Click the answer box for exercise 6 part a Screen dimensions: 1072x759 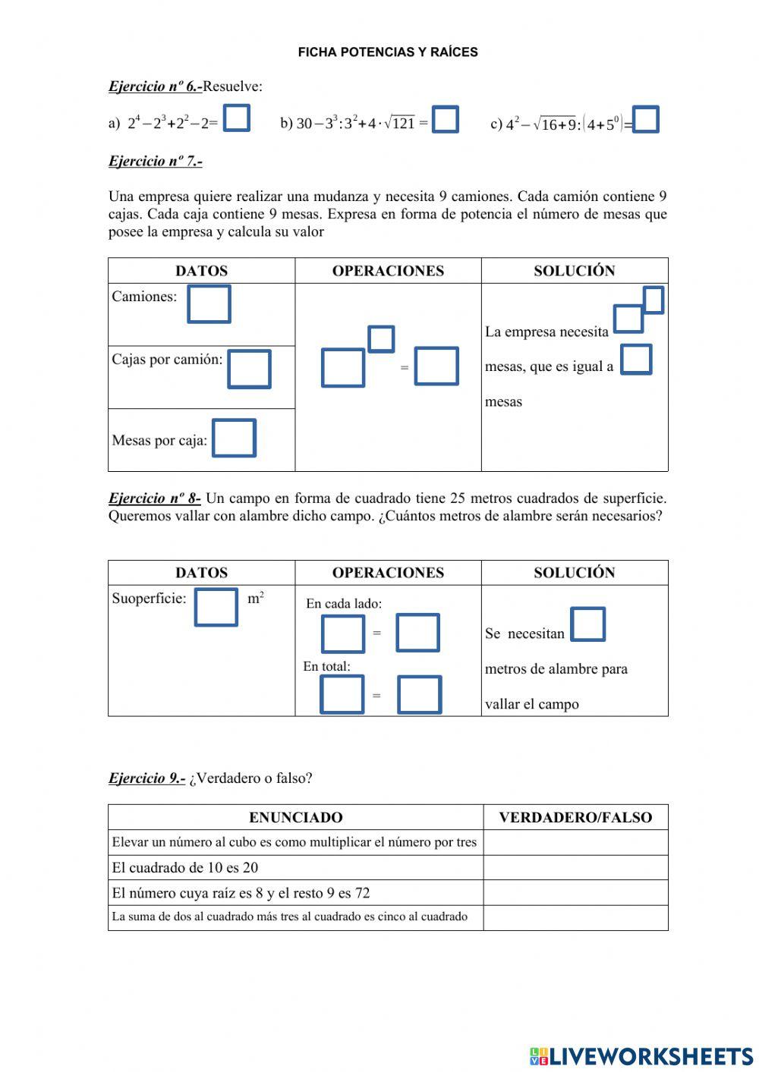pyautogui.click(x=237, y=118)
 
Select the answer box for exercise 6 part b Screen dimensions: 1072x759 pyautogui.click(x=446, y=120)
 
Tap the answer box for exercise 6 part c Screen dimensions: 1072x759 pyautogui.click(x=646, y=120)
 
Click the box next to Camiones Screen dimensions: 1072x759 pyautogui.click(x=209, y=304)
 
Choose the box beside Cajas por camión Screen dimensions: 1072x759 pyautogui.click(x=249, y=369)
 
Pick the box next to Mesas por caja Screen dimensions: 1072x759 pyautogui.click(x=234, y=439)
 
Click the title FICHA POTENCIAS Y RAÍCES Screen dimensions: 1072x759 pyautogui.click(x=388, y=52)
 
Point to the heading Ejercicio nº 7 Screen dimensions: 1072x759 pyautogui.click(x=155, y=161)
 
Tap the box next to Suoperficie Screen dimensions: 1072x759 pyautogui.click(x=216, y=607)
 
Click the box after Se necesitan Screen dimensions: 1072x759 pyautogui.click(x=587, y=624)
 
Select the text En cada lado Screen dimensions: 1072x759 pyautogui.click(x=344, y=604)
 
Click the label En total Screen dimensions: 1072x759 pyautogui.click(x=326, y=666)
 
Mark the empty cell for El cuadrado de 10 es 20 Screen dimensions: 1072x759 pyautogui.click(x=575, y=867)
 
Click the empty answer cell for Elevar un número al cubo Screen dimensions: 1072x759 pyautogui.click(x=575, y=842)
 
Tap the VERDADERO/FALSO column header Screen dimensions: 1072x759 pyautogui.click(x=575, y=817)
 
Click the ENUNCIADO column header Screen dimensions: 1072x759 pyautogui.click(x=295, y=817)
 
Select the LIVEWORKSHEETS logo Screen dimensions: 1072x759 pyautogui.click(x=641, y=1056)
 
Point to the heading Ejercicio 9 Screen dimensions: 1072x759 pyautogui.click(x=146, y=778)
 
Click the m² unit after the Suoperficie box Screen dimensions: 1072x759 pyautogui.click(x=256, y=599)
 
